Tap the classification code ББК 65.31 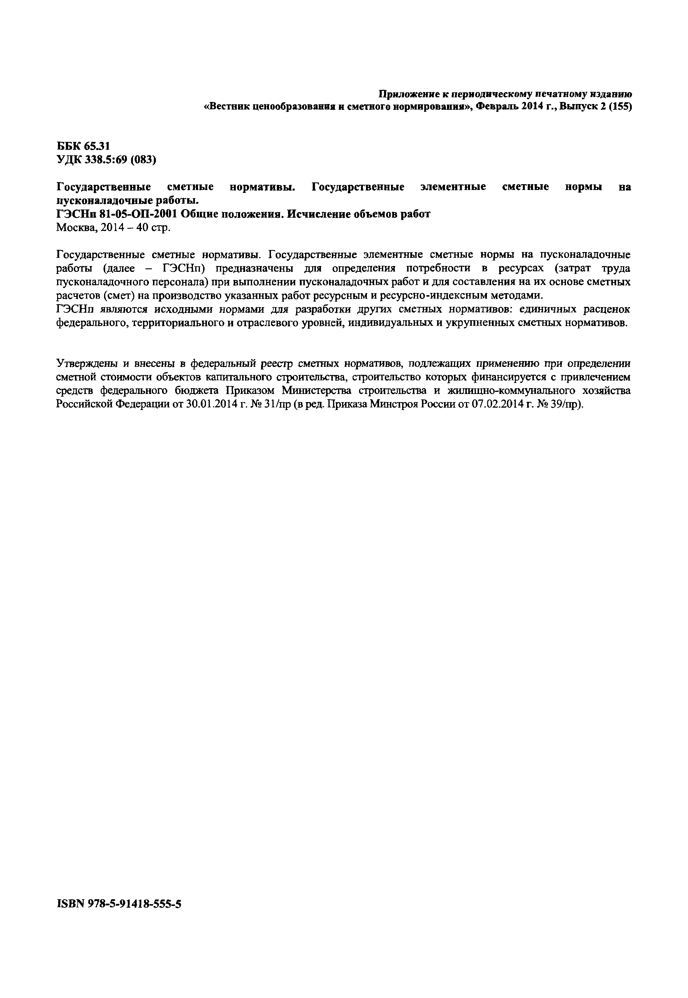(x=83, y=147)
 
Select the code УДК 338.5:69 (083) (x=106, y=160)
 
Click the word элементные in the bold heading (x=453, y=187)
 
